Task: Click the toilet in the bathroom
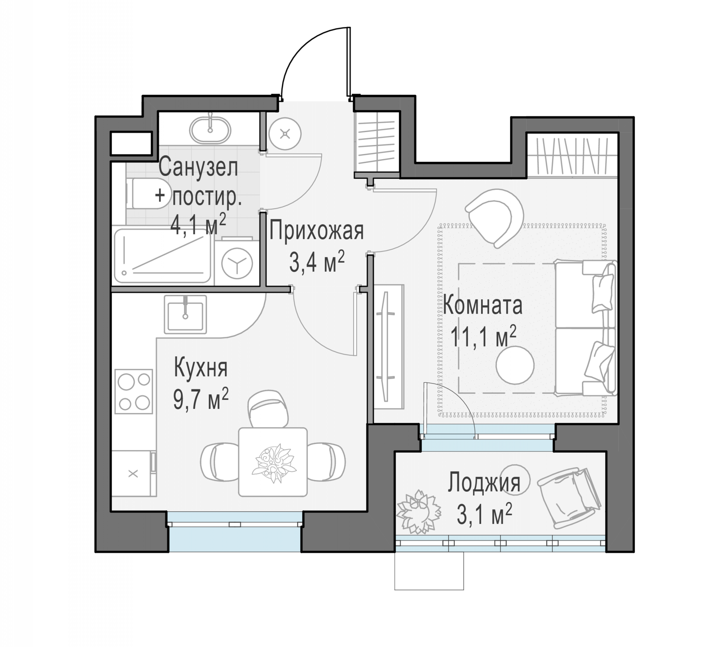pyautogui.click(x=147, y=193)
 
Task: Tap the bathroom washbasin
pyautogui.click(x=210, y=129)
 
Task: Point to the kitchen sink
pyautogui.click(x=185, y=314)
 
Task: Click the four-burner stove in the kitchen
pyautogui.click(x=134, y=391)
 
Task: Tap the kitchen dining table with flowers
pyautogui.click(x=273, y=462)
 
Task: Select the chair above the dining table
pyautogui.click(x=268, y=408)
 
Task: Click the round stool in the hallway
pyautogui.click(x=285, y=134)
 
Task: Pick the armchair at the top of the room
pyautogui.click(x=494, y=217)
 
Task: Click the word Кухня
pyautogui.click(x=201, y=368)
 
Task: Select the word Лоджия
pyautogui.click(x=484, y=483)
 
